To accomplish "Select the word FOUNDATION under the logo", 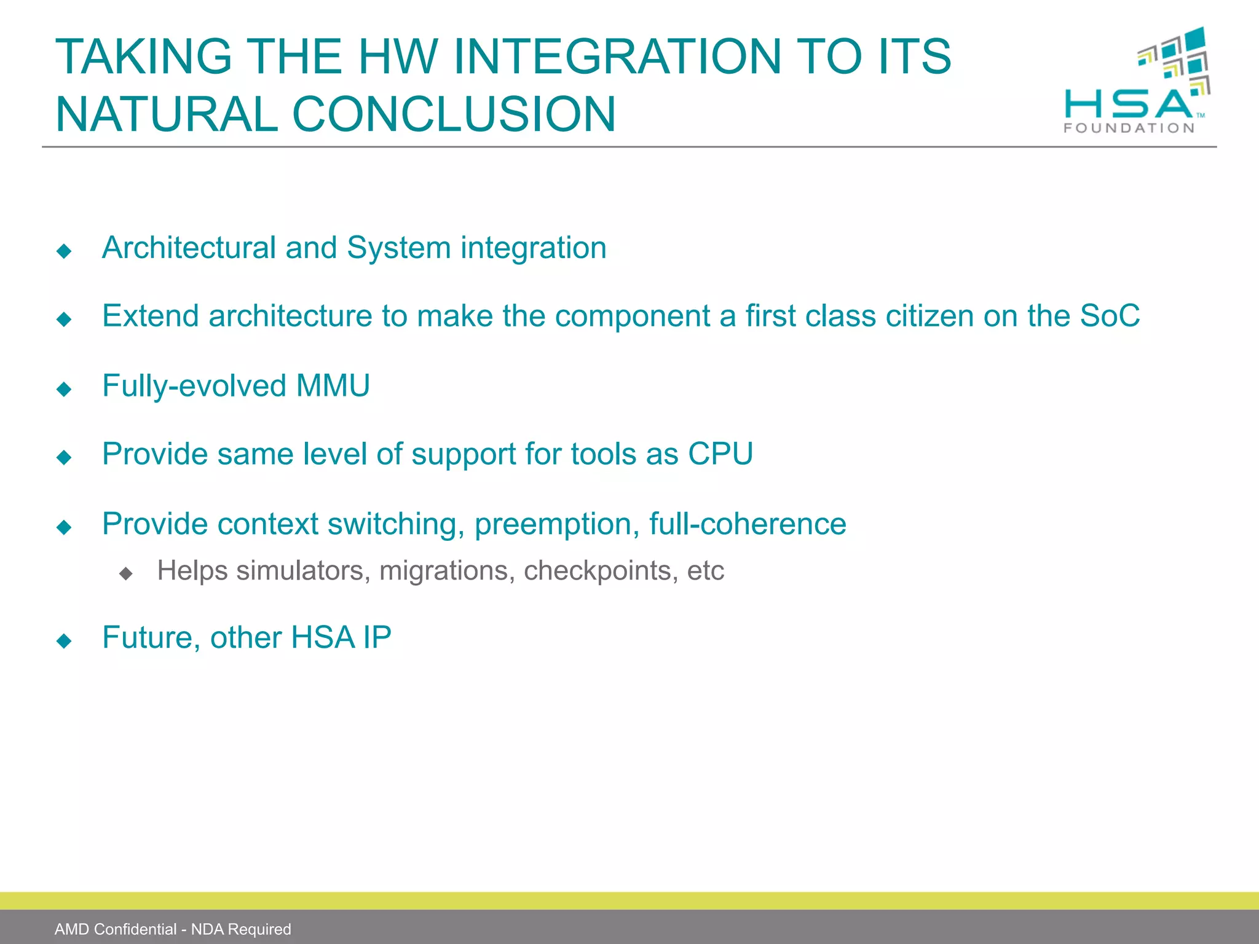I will click(1129, 128).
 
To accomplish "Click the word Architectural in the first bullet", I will click(189, 248).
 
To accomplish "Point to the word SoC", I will click(1110, 316).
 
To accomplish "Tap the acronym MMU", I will click(333, 386).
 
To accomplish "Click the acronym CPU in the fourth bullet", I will click(720, 454).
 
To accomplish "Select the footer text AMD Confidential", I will click(116, 929).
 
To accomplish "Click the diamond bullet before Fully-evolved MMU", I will click(64, 389).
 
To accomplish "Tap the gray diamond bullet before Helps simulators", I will click(126, 574).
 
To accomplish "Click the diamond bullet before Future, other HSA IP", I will click(64, 641).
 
